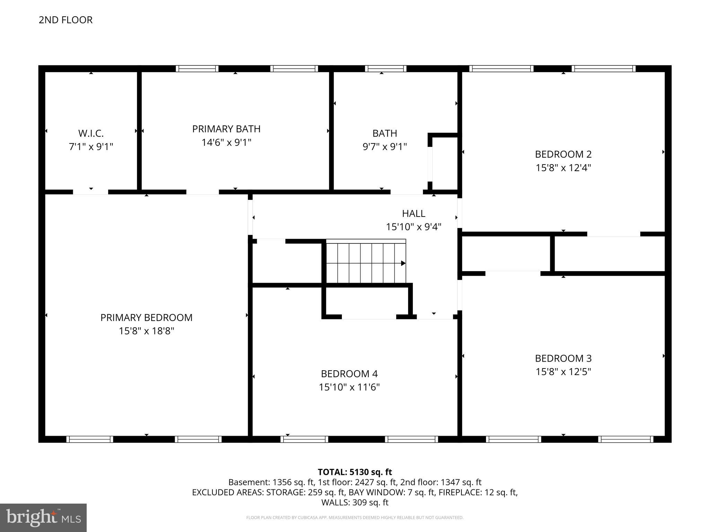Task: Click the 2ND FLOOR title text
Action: (x=66, y=20)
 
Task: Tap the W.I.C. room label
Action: (x=91, y=133)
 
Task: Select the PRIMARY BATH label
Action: (x=226, y=129)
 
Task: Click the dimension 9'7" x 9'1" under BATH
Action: (x=384, y=147)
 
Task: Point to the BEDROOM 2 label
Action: (x=563, y=154)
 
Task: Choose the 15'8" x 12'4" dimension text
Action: (x=563, y=168)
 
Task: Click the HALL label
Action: (x=414, y=213)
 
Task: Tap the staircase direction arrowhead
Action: (x=403, y=263)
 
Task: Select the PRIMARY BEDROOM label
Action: (x=146, y=318)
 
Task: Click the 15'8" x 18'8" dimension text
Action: (x=146, y=331)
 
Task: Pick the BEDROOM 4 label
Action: (x=349, y=374)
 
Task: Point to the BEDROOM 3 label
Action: (x=563, y=358)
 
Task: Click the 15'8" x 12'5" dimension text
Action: (x=563, y=372)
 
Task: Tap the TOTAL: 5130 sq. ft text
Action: (x=355, y=472)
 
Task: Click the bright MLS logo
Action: (x=43, y=518)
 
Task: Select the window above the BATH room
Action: (x=385, y=69)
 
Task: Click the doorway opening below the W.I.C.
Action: (x=90, y=192)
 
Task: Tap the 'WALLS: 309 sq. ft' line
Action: (x=355, y=503)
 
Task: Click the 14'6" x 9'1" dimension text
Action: (x=226, y=142)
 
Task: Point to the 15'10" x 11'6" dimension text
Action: (x=349, y=387)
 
